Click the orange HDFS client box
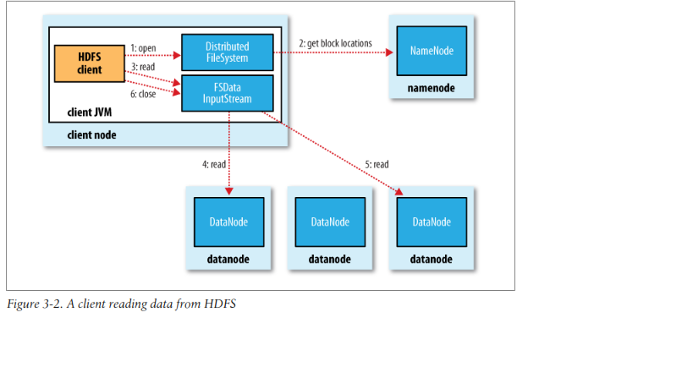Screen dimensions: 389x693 [89, 64]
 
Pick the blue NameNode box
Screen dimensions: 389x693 [432, 52]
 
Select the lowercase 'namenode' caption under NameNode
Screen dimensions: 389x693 [432, 86]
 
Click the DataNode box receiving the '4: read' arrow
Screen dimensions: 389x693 [228, 222]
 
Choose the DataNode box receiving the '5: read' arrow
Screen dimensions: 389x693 [432, 222]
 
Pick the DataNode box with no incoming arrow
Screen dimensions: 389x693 [330, 222]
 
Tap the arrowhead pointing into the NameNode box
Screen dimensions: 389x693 [390, 52]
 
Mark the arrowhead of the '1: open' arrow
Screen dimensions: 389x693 [178, 56]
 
